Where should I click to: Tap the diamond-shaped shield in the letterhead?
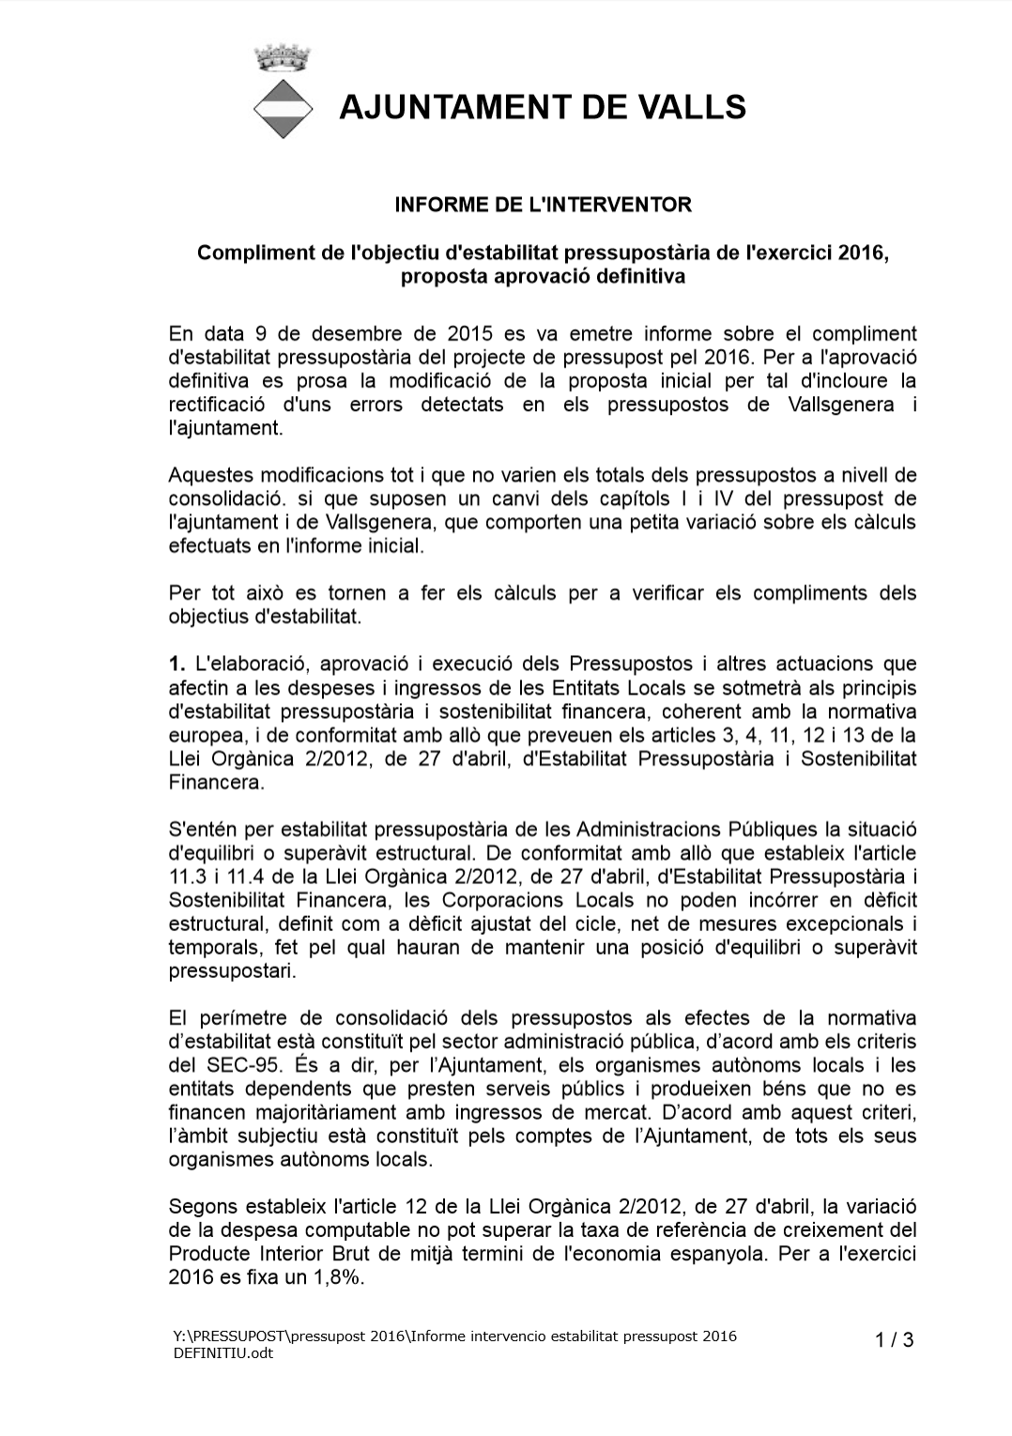pyautogui.click(x=283, y=109)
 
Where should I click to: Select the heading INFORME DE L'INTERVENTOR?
pyautogui.click(x=543, y=205)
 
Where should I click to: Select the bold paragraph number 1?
pyautogui.click(x=176, y=665)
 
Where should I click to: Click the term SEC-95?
pyautogui.click(x=239, y=1065)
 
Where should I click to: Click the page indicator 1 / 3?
pyautogui.click(x=894, y=1340)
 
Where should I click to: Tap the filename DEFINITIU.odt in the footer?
pyautogui.click(x=223, y=1353)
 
